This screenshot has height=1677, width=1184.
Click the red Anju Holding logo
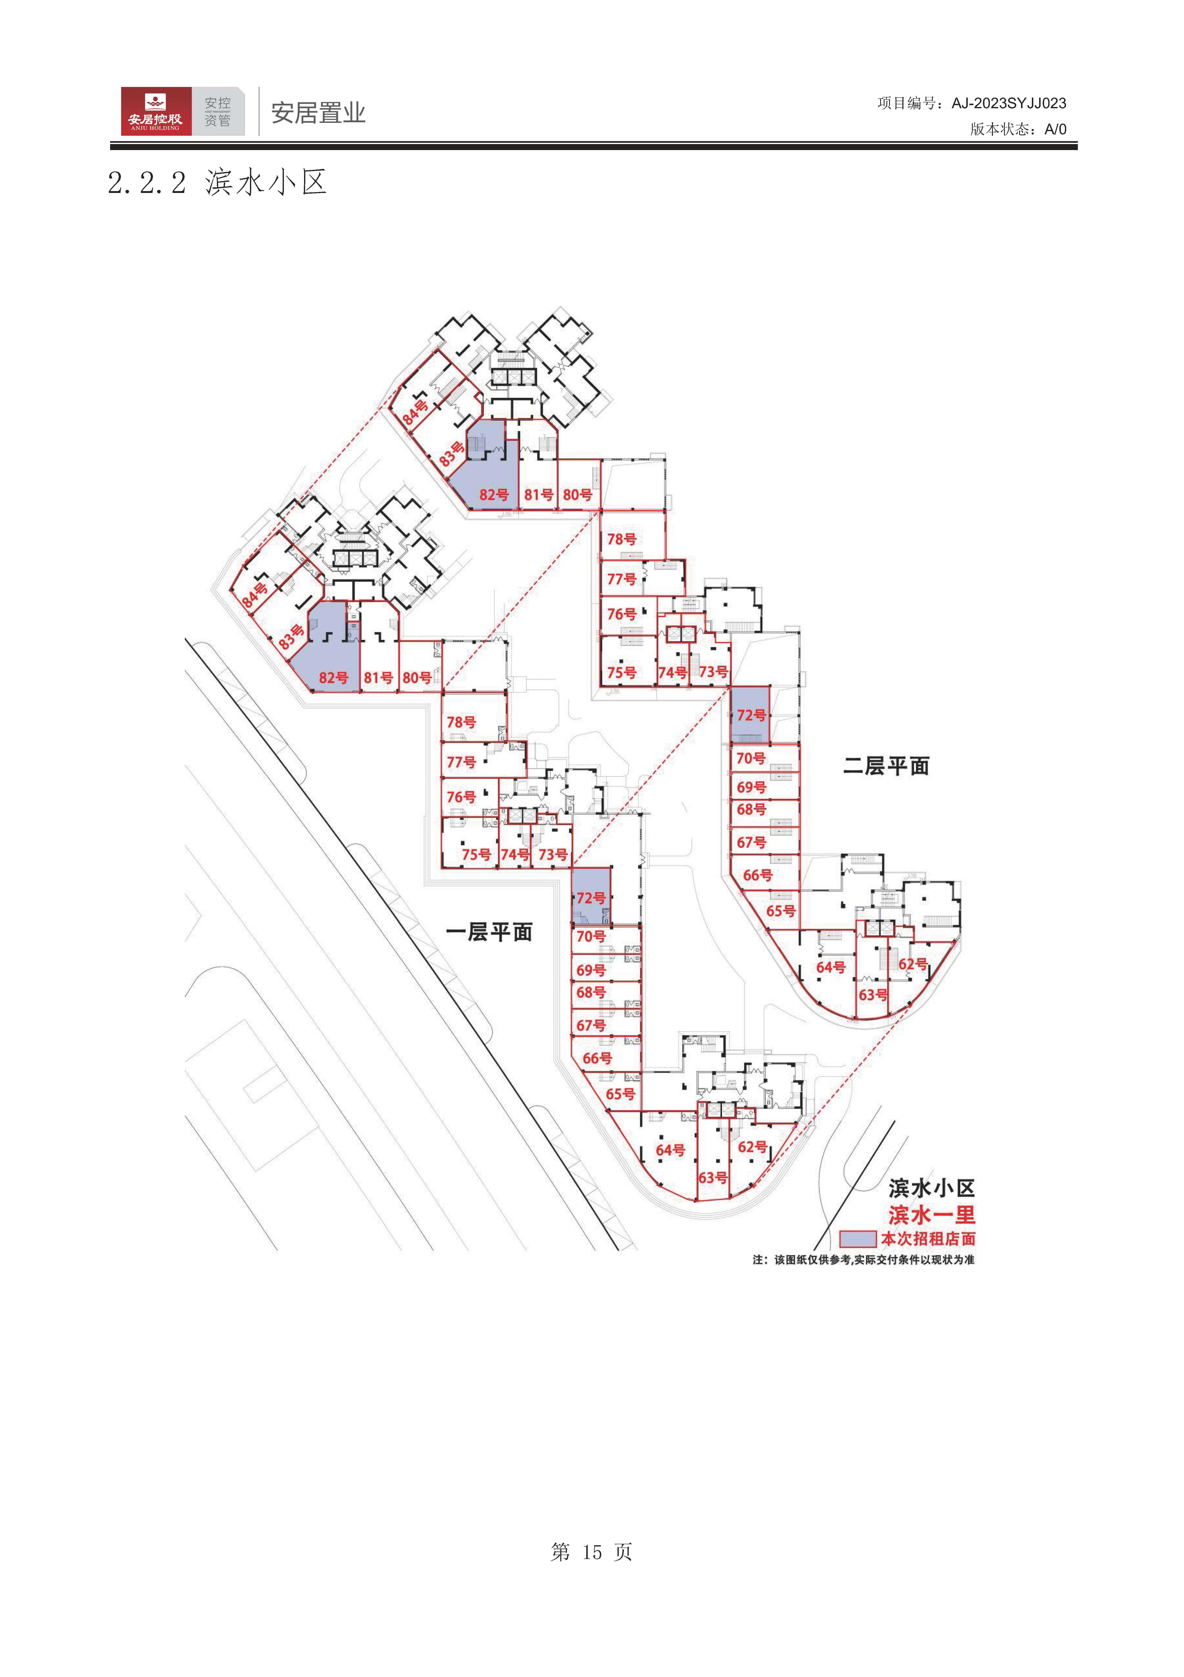156,111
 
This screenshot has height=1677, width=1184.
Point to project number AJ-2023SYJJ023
1009,104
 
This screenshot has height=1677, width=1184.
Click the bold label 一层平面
489,932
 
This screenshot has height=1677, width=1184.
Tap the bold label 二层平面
886,766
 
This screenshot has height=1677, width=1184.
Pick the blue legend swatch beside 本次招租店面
857,1239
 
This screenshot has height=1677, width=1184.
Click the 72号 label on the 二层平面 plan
752,715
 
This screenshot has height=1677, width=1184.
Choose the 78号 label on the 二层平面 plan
622,539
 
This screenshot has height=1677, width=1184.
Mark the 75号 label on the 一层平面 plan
476,854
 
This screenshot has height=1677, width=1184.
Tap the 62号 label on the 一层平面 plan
752,1147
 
